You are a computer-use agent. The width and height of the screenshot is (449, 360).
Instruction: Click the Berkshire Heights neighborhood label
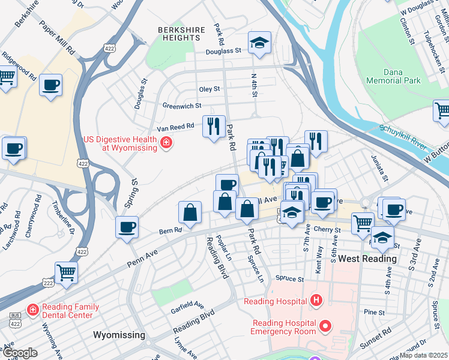(179, 33)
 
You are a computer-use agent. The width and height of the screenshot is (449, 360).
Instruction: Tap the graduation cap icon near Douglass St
(259, 43)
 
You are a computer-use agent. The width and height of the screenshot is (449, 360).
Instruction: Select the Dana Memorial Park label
(402, 76)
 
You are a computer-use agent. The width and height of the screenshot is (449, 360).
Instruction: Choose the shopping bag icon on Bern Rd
(190, 213)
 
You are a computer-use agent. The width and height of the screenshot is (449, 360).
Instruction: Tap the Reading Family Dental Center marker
(32, 310)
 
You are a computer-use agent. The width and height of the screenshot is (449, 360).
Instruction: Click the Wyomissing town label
(119, 334)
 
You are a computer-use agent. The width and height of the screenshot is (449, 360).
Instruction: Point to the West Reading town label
(367, 259)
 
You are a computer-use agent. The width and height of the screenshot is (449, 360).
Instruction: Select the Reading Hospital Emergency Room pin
(325, 327)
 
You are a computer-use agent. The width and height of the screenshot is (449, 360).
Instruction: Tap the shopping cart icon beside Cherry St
(363, 224)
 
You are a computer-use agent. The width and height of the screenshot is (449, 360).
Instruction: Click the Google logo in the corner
(20, 353)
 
